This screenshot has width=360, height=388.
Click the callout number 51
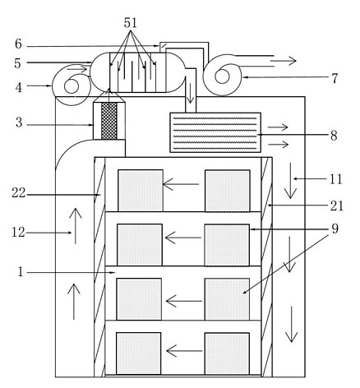130,23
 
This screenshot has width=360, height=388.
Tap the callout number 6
18,44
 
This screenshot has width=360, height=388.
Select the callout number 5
17,63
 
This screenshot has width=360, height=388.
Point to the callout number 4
18,88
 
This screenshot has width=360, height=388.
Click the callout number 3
19,122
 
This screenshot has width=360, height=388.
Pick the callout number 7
335,78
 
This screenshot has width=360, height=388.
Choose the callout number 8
334,136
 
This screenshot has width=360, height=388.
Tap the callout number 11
335,179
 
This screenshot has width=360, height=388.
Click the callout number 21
337,206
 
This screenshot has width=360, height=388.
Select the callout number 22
18,193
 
